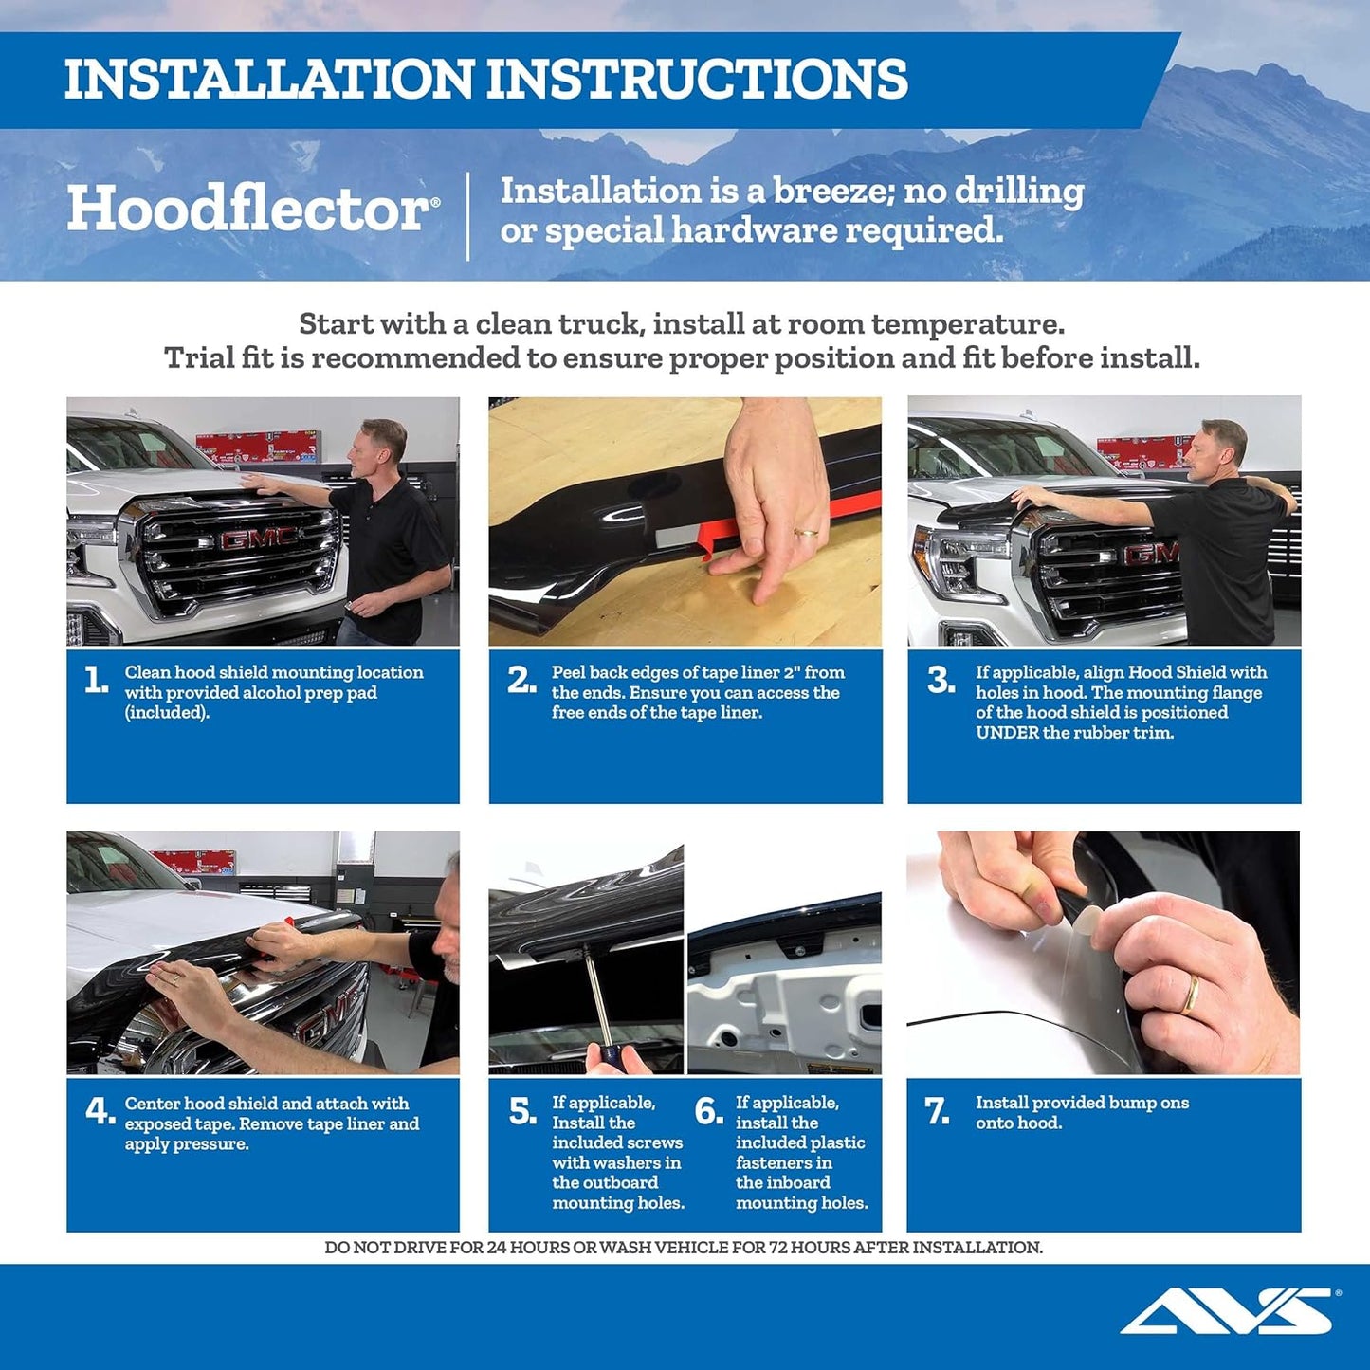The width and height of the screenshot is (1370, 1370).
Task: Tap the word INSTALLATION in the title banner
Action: coord(268,79)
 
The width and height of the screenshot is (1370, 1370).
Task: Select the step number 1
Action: coord(96,680)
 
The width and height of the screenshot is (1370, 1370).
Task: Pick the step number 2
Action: coord(521,680)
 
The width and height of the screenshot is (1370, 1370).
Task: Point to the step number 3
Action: coord(941,680)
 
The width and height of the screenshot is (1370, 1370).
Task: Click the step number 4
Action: coord(100,1110)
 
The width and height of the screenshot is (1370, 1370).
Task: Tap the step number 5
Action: coord(522,1110)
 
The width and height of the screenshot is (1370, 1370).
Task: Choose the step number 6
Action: coord(708,1110)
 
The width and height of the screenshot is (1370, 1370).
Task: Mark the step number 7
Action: coord(937,1110)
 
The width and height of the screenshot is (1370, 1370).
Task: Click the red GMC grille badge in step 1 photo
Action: coord(259,539)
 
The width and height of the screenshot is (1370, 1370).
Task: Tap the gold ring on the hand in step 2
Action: coord(806,534)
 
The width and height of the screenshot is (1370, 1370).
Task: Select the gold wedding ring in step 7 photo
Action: coord(1189,995)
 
